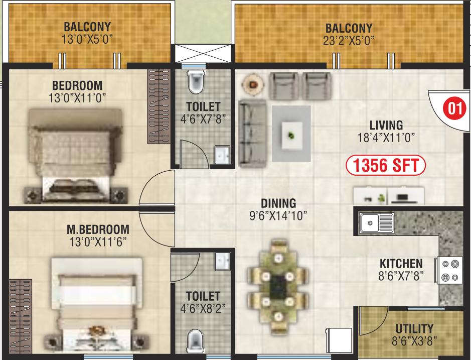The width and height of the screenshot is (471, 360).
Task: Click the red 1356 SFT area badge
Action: point(386,165)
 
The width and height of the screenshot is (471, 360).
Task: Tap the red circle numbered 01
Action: point(454,108)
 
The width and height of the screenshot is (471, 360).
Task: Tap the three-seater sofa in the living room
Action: point(253,134)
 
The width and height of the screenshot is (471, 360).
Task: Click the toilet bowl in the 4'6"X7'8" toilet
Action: point(196,82)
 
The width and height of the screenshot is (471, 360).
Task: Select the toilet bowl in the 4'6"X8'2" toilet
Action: point(195,341)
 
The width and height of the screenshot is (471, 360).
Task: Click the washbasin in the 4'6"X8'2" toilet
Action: point(223,262)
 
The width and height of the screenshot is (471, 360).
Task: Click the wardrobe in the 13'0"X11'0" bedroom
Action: point(159,106)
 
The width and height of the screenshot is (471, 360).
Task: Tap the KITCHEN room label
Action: point(401,264)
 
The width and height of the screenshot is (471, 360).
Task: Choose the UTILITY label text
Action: point(414,328)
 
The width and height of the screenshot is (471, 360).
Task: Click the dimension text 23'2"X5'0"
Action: point(349,41)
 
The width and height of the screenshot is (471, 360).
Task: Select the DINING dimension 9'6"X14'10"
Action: point(278,215)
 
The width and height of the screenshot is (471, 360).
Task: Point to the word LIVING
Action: point(386,125)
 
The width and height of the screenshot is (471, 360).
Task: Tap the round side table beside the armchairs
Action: point(253,84)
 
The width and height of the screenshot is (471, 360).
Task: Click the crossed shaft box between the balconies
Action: point(203,54)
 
